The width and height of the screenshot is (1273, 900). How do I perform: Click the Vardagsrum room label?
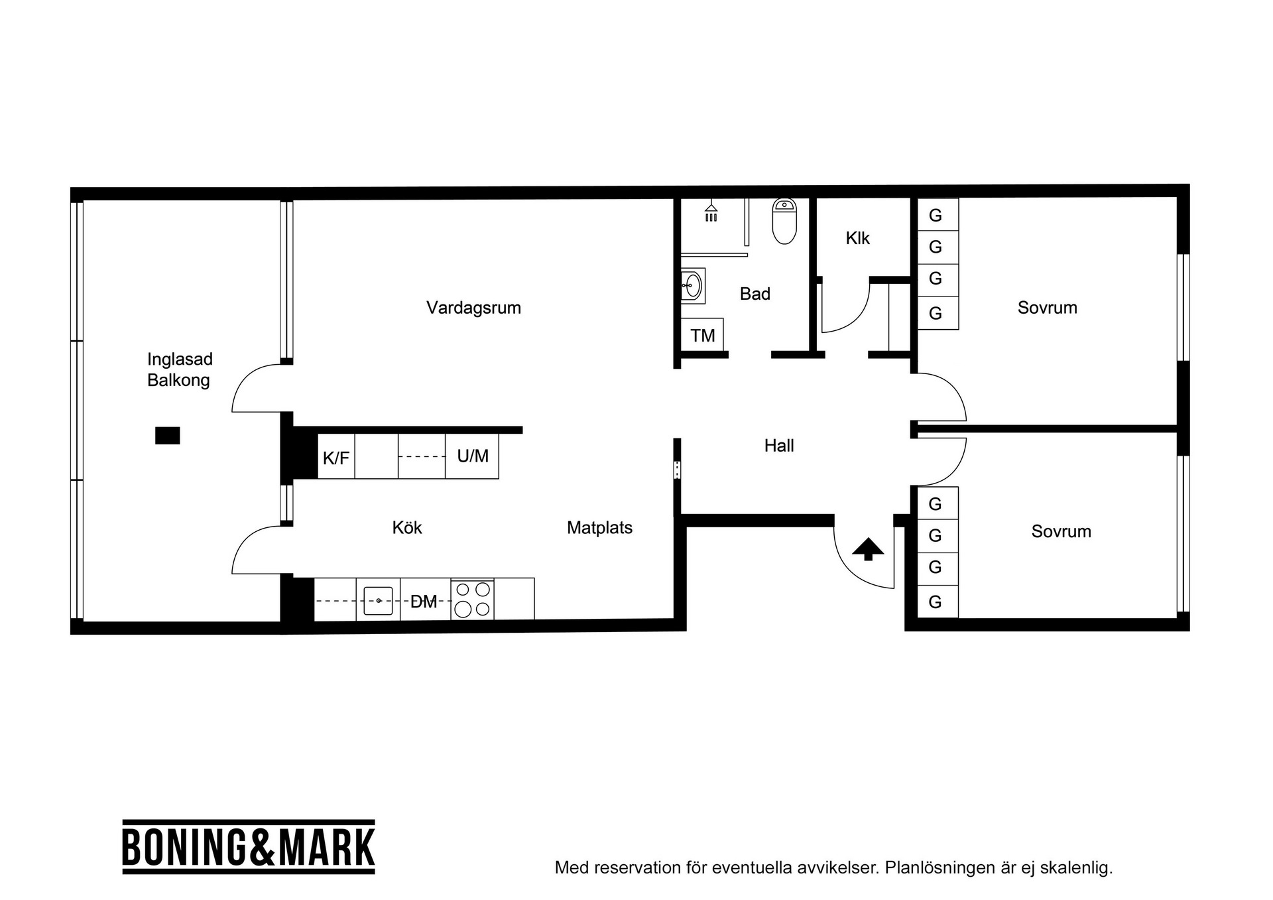[x=473, y=308]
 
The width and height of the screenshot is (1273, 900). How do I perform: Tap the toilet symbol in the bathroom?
[x=784, y=222]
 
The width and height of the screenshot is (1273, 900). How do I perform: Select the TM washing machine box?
[x=703, y=335]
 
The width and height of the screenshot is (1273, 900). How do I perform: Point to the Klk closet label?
[x=857, y=238]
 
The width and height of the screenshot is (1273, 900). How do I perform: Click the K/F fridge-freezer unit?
[x=336, y=456]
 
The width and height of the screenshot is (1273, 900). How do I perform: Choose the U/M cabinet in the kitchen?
[x=472, y=456]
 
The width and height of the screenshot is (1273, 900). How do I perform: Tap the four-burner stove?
[x=473, y=600]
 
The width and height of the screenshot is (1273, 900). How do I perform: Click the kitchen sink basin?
[x=379, y=601]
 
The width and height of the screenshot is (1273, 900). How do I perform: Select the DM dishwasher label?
[x=424, y=602]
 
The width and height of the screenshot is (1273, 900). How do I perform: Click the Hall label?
[x=779, y=446]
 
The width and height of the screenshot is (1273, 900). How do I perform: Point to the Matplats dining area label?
[x=599, y=528]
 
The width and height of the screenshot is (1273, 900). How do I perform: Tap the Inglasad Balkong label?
[x=179, y=369]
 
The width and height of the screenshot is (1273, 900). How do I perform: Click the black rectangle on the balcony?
[x=168, y=436]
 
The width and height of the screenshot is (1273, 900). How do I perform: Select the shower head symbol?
[x=711, y=212]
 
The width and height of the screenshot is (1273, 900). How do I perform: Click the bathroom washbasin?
[x=693, y=287]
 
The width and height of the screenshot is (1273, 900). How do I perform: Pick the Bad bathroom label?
[x=755, y=294]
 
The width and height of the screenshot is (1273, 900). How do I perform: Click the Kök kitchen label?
[x=407, y=528]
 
